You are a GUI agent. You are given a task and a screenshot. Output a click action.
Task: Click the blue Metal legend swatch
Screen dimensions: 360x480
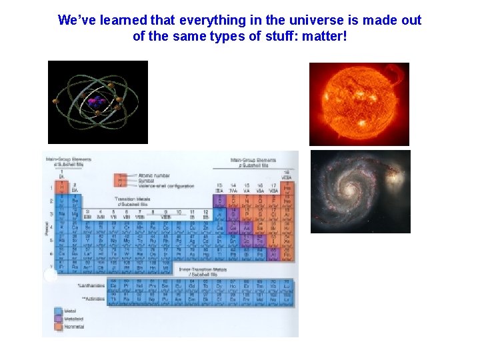click(x=59, y=311)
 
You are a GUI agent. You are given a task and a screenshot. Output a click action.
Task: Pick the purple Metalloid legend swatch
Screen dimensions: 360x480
click(x=59, y=319)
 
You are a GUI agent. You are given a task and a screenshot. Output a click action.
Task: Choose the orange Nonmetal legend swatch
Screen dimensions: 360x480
click(x=59, y=327)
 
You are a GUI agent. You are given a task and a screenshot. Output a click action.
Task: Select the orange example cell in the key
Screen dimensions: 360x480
click(x=121, y=180)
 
